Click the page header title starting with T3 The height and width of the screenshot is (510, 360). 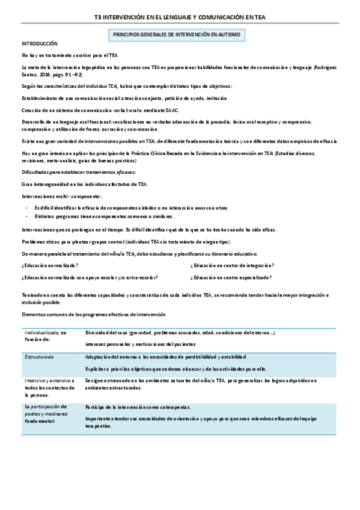[x=180, y=18]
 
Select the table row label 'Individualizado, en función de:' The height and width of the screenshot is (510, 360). [x=46, y=336]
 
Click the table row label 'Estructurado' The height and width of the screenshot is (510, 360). [x=39, y=357]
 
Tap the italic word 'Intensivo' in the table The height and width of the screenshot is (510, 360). [x=36, y=381]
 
